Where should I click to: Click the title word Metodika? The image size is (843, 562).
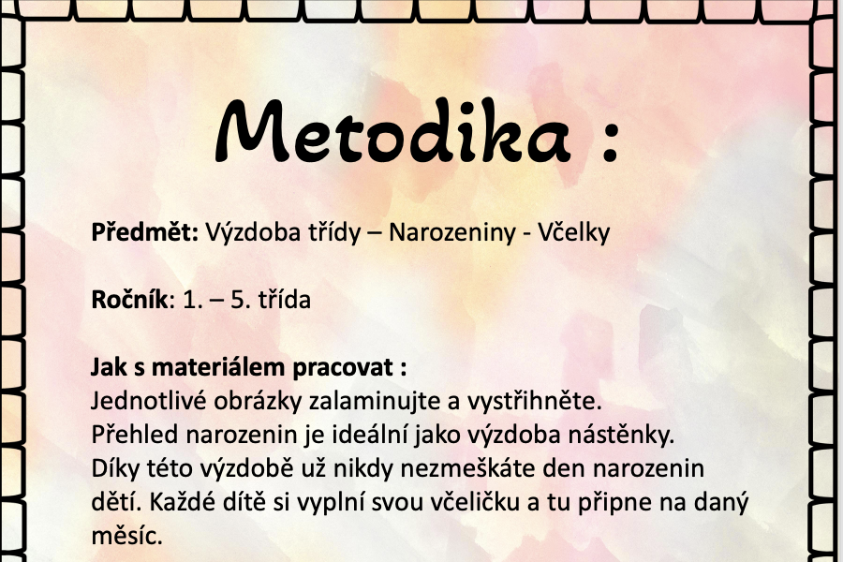tap(392, 131)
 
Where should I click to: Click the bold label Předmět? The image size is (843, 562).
tap(145, 231)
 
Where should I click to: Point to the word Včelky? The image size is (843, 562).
tap(574, 233)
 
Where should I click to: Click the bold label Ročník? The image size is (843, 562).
tap(129, 300)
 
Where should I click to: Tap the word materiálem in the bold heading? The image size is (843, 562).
tap(219, 367)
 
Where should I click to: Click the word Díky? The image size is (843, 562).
tap(114, 469)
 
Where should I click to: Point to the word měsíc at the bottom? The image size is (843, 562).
tap(126, 536)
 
